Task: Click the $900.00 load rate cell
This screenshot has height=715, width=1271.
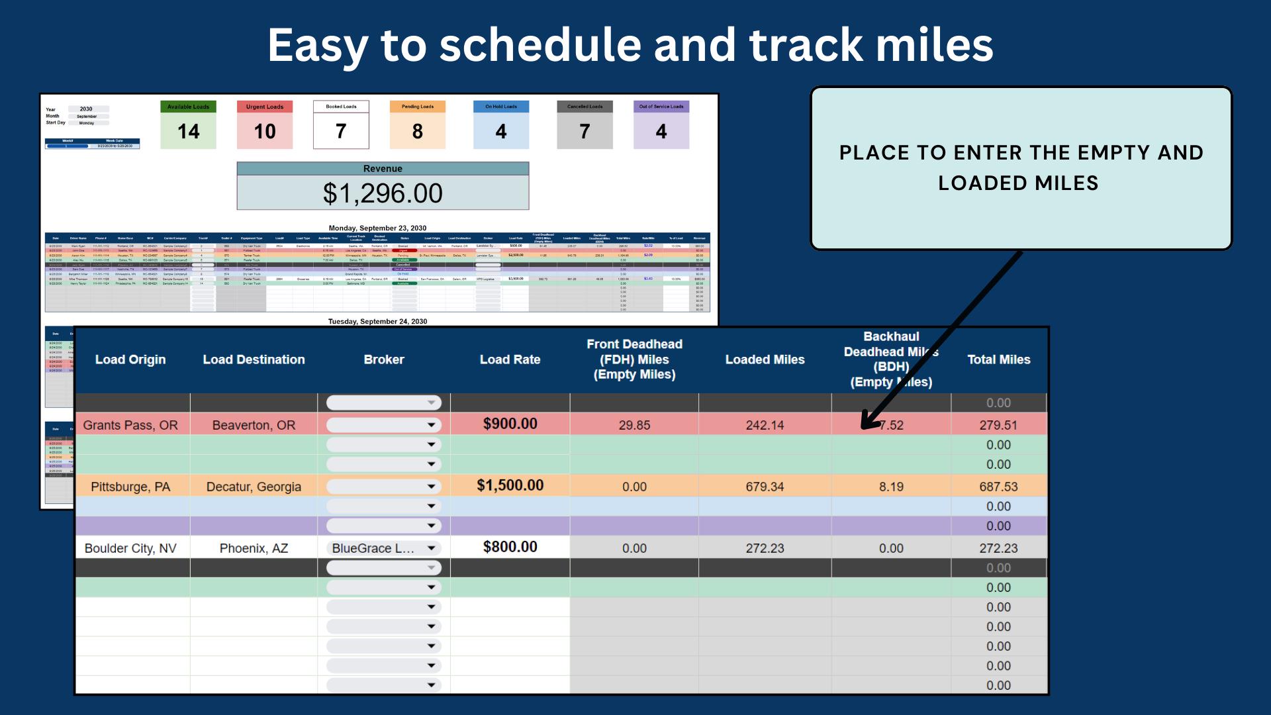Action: click(510, 424)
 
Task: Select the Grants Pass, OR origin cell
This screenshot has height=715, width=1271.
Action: click(130, 425)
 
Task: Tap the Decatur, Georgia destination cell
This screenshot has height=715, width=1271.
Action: click(254, 487)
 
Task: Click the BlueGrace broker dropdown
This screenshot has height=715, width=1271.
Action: click(383, 548)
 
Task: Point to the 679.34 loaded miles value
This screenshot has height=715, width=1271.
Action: click(765, 487)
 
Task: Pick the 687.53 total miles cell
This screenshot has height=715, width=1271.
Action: click(998, 487)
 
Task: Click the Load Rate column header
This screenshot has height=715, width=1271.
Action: click(510, 359)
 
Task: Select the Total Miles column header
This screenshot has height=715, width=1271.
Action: click(998, 359)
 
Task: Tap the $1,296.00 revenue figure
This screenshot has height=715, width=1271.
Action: click(383, 193)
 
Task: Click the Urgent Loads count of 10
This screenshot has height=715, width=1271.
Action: click(265, 131)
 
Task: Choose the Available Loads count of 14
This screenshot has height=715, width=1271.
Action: click(188, 131)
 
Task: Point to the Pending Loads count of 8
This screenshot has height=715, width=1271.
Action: click(418, 131)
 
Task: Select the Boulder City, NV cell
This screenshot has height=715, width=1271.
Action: click(130, 548)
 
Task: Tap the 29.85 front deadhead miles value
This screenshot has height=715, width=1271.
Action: click(634, 425)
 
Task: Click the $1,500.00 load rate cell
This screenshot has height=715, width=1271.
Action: click(510, 485)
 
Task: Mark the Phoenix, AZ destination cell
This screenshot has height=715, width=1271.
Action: click(254, 548)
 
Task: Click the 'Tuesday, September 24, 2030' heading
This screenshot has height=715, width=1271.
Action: click(377, 321)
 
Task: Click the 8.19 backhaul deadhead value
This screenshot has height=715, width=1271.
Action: click(891, 487)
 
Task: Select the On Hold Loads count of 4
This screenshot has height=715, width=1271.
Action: click(501, 131)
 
